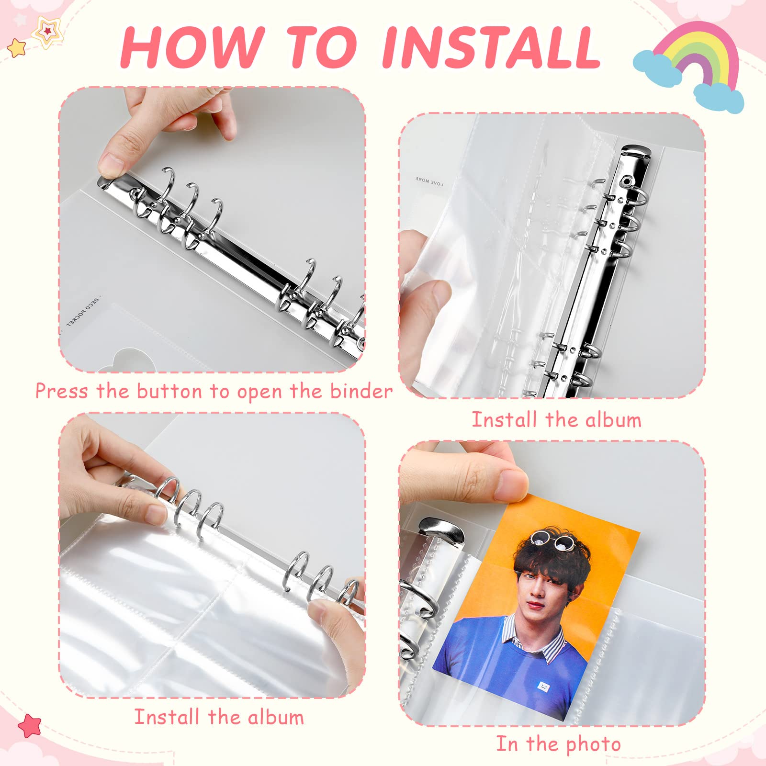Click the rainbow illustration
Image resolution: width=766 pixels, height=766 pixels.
(689, 72)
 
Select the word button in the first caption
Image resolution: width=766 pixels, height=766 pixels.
(169, 392)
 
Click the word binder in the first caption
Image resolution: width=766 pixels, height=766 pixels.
(361, 392)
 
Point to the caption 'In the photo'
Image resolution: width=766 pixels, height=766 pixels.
(558, 744)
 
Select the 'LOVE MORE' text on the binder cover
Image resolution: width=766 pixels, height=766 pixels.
(429, 180)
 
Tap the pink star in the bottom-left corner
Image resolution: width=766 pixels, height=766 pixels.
(29, 726)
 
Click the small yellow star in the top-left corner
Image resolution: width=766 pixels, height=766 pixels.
(17, 47)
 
